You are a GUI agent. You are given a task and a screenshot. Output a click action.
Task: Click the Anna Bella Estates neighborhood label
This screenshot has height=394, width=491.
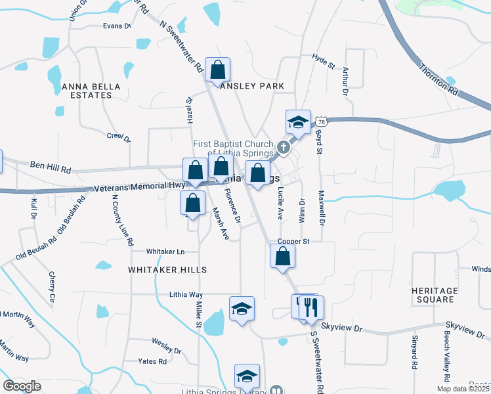87,91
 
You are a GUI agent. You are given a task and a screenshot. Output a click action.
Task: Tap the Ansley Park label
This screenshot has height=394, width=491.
253,86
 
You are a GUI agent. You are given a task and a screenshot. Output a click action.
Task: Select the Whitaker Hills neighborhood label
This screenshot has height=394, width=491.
167,270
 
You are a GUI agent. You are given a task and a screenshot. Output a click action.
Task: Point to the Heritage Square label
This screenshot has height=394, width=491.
434,295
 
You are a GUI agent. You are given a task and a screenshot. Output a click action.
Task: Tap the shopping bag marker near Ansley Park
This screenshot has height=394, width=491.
217,70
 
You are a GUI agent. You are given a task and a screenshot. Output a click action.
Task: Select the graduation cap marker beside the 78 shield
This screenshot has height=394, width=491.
297,122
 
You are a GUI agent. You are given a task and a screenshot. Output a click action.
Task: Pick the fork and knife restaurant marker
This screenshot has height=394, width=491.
311,307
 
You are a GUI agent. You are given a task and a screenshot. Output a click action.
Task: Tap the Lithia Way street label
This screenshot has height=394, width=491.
186,295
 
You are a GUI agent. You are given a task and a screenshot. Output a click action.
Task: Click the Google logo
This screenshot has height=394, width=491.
22,386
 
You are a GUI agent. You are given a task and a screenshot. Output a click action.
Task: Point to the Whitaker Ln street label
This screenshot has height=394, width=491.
165,252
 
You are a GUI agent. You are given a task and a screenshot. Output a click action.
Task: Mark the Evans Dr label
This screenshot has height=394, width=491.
117,26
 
